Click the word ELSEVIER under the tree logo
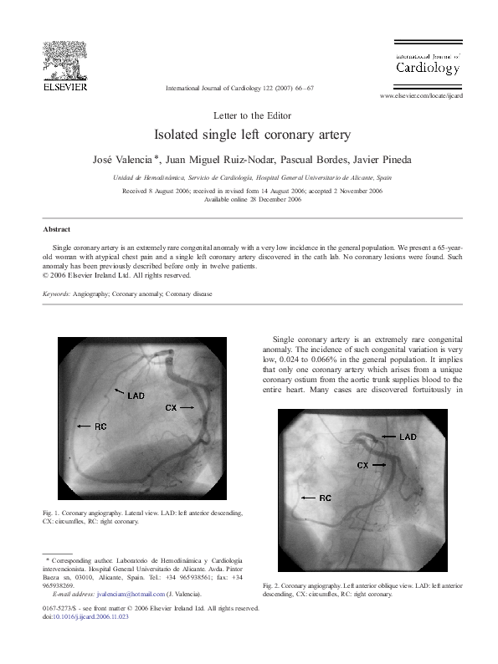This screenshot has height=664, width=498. coord(66,86)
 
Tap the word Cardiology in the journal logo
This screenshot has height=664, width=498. coord(427,67)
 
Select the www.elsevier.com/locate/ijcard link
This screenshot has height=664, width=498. coord(422,96)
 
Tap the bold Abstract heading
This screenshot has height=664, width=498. coord(57,229)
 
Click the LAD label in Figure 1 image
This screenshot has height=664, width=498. coord(136,395)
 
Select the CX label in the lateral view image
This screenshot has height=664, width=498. coord(170,407)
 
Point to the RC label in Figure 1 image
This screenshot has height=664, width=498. coord(100,426)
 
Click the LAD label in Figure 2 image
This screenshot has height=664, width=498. coord(408,437)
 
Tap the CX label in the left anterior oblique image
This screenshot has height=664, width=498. coord(363,464)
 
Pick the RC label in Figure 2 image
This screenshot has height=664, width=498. coord(326,498)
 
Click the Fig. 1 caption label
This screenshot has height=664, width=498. coord(53,512)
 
